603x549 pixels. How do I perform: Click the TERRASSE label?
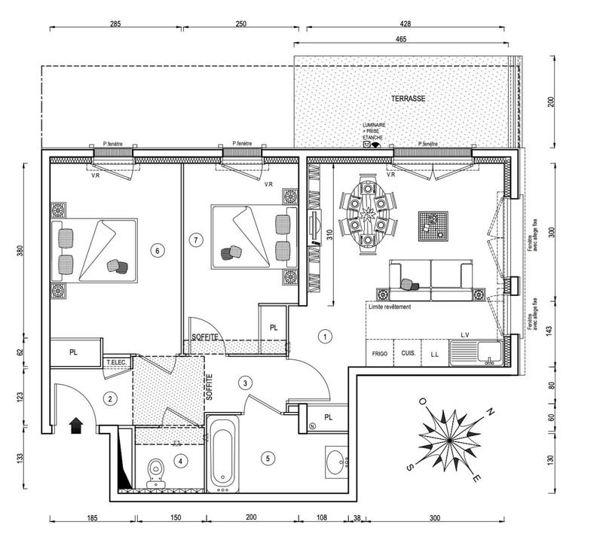(409, 99)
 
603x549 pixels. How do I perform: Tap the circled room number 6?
(157, 251)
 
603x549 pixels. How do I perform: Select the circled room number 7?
(196, 240)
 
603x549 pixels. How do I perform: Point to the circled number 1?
(324, 337)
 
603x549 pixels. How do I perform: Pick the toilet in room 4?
(156, 472)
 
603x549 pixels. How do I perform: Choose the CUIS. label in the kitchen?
(408, 353)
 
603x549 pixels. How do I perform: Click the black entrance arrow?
(76, 426)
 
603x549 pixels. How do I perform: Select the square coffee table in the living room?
(433, 224)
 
